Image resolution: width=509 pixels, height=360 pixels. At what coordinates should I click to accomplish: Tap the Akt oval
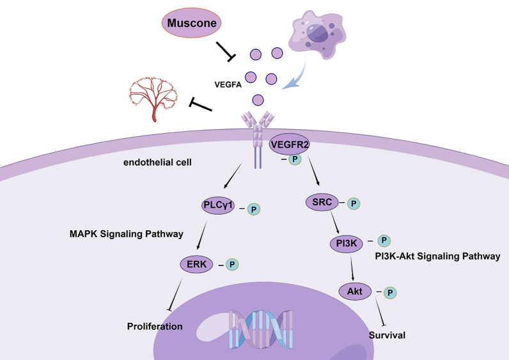[356, 291]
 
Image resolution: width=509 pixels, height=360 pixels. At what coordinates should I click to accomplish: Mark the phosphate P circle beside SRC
[353, 203]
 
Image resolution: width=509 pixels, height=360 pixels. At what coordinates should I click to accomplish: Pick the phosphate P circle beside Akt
[389, 292]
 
